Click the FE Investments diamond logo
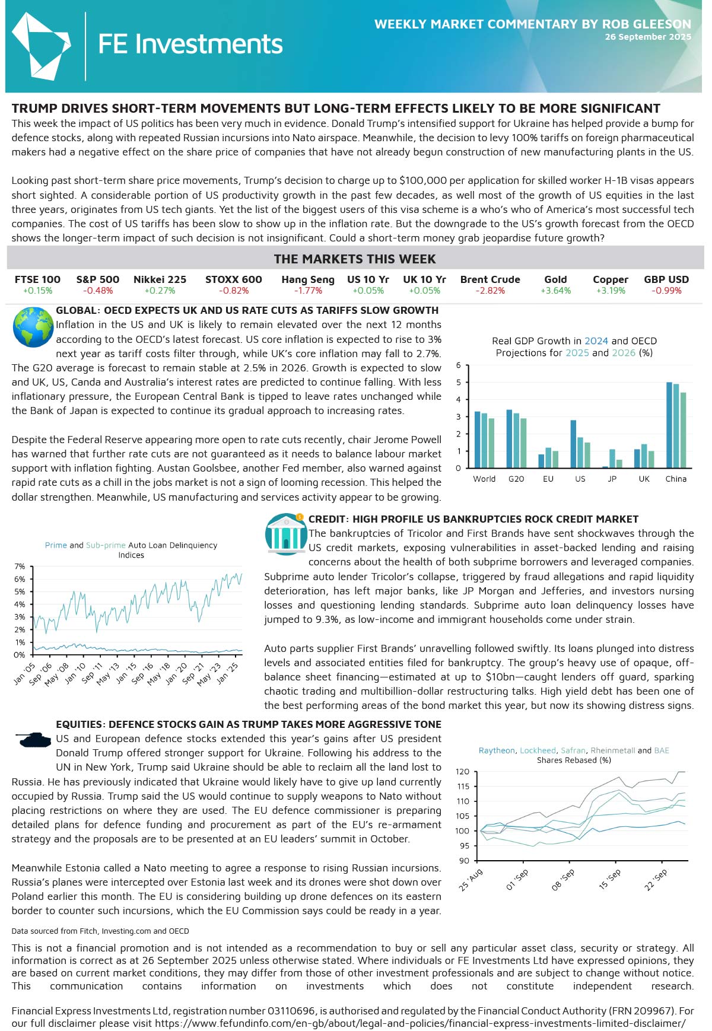coord(40,46)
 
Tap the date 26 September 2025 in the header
coord(648,37)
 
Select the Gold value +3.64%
coord(555,291)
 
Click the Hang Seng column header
coord(307,279)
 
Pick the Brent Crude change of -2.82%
coord(490,291)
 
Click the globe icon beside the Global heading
coord(33,327)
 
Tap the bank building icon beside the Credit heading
coord(286,534)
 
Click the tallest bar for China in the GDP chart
coord(669,425)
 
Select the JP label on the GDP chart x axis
coord(612,479)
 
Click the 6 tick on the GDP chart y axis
coord(458,365)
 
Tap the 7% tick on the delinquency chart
coord(20,567)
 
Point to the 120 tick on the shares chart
coord(462,772)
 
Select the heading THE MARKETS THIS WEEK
coord(355,259)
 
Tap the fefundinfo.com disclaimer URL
coord(420,1023)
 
